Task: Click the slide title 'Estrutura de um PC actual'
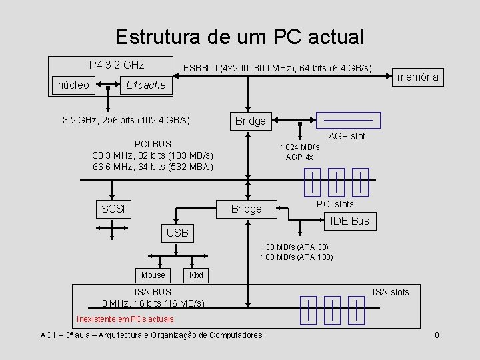pos(239,37)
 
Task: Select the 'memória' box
pos(418,77)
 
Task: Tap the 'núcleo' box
pos(73,85)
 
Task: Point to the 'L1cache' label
pos(145,85)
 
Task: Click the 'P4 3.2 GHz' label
pos(117,65)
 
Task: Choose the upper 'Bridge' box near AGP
pos(250,121)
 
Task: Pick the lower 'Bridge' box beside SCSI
pos(246,209)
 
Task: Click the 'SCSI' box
pos(113,209)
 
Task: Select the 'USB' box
pos(177,233)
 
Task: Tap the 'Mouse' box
pos(153,275)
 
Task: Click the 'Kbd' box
pos(197,275)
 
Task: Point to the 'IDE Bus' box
pos(350,221)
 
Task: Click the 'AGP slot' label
pos(347,136)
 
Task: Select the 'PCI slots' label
pos(335,203)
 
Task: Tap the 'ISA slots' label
pos(391,292)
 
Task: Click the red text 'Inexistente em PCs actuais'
pos(125,319)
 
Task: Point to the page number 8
pos(437,335)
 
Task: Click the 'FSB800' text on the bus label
pos(200,68)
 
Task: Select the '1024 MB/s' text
pos(299,147)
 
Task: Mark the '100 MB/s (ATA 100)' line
pos(297,257)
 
